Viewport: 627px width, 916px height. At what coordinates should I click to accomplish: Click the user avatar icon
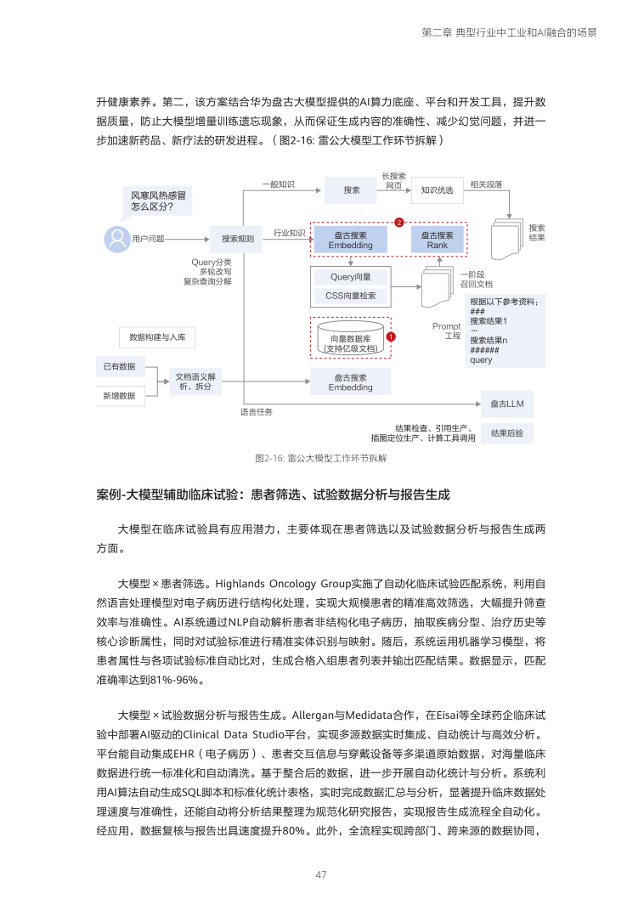pyautogui.click(x=116, y=239)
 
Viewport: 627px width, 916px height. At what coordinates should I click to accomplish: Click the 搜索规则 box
pyautogui.click(x=238, y=239)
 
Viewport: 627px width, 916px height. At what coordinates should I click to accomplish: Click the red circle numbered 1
pyautogui.click(x=389, y=336)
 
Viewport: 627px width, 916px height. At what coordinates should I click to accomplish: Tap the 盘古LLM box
pyautogui.click(x=507, y=404)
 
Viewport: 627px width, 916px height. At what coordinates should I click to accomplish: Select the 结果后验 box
pyautogui.click(x=507, y=433)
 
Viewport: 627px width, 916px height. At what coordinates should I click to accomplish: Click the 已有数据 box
pyautogui.click(x=120, y=366)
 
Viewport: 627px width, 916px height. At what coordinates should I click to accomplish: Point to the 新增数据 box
pyautogui.click(x=120, y=395)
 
